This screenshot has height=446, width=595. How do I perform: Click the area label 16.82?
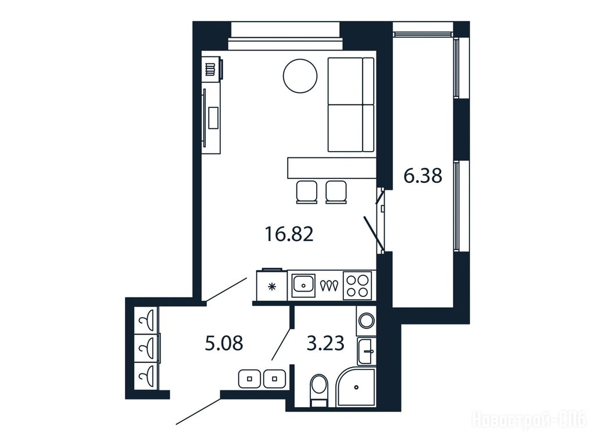pyautogui.click(x=289, y=235)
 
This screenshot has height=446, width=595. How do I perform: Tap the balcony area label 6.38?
pyautogui.click(x=423, y=176)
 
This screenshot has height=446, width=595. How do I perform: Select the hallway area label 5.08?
pyautogui.click(x=224, y=344)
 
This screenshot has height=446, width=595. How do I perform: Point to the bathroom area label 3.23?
pyautogui.click(x=325, y=344)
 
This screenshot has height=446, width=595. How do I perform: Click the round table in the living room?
pyautogui.click(x=300, y=76)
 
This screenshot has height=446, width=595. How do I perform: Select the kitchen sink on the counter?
pyautogui.click(x=303, y=285)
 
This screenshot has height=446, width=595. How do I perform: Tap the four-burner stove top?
pyautogui.click(x=357, y=286)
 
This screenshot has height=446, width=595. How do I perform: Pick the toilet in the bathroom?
pyautogui.click(x=318, y=389)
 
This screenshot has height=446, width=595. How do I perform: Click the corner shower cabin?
pyautogui.click(x=356, y=386)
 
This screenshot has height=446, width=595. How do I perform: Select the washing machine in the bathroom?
pyautogui.click(x=366, y=321)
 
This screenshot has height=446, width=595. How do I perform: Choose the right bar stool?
pyautogui.click(x=336, y=192)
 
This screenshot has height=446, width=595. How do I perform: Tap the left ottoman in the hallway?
pyautogui.click(x=250, y=379)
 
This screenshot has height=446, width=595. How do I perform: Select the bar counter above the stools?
pyautogui.click(x=332, y=168)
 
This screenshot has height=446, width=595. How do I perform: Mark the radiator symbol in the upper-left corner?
pyautogui.click(x=210, y=70)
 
